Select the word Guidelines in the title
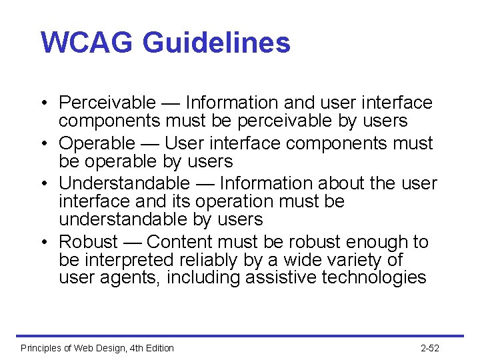216,43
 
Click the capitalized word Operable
97,143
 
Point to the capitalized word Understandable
124,183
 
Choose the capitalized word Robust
88,242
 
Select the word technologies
373,277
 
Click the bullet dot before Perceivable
42,104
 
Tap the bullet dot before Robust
42,243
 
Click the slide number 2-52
430,348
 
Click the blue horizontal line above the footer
240,335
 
